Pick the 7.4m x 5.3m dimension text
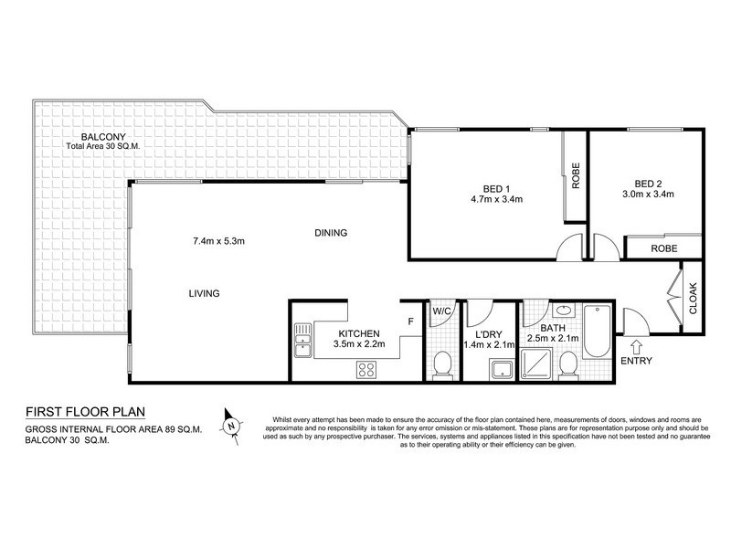pos(219,241)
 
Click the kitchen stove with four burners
pos(366,370)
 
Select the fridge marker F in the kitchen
pos(410,321)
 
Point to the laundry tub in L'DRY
pos(501,370)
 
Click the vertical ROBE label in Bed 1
pos(576,176)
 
